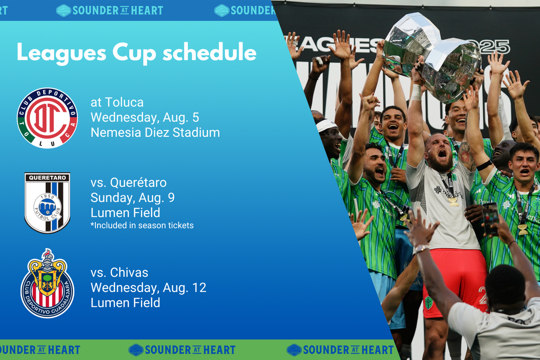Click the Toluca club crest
click(47, 118)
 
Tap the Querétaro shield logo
click(47, 203)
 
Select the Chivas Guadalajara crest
click(47, 283)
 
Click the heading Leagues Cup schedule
click(136, 53)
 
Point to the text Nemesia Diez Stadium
click(155, 133)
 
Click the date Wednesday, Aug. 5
click(145, 117)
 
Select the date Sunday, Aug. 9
click(133, 198)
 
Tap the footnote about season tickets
click(142, 225)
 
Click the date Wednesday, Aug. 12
click(148, 288)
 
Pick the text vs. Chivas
click(119, 272)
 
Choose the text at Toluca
click(117, 103)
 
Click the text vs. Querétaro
click(129, 183)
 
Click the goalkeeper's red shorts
click(455, 282)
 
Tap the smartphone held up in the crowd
click(490, 218)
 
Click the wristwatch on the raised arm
click(422, 248)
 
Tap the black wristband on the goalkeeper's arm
click(484, 166)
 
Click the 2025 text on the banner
click(494, 47)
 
